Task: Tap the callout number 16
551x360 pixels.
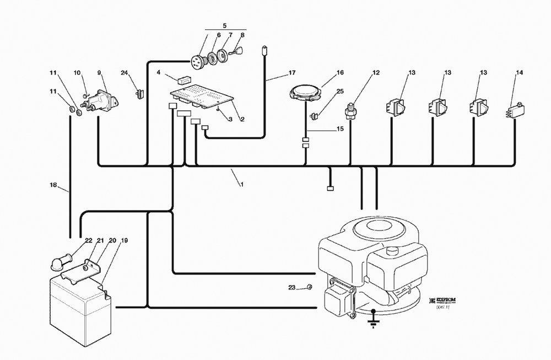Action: pyautogui.click(x=340, y=72)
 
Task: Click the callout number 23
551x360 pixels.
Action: pyautogui.click(x=291, y=288)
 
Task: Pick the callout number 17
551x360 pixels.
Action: pyautogui.click(x=292, y=72)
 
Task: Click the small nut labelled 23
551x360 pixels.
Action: pyautogui.click(x=310, y=287)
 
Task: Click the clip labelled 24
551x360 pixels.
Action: pyautogui.click(x=139, y=93)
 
